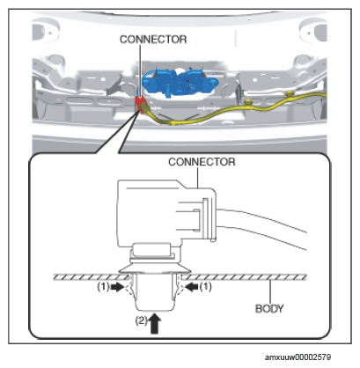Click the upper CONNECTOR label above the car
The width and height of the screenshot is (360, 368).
click(153, 40)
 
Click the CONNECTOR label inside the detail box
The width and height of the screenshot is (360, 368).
click(202, 162)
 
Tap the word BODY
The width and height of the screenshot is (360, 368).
click(269, 309)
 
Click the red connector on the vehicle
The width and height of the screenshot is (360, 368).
click(139, 103)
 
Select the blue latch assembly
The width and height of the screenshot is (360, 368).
click(180, 81)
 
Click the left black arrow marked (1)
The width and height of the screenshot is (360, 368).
click(118, 287)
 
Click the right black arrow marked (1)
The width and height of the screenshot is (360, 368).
click(192, 287)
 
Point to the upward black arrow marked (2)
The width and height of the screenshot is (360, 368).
click(155, 323)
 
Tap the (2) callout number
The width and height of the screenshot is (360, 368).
click(142, 320)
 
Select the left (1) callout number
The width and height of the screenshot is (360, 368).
click(103, 287)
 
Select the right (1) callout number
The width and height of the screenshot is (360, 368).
click(206, 286)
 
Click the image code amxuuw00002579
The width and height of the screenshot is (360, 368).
click(298, 357)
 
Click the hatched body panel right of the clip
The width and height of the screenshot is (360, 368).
click(244, 277)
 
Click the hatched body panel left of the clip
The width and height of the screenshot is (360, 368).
click(91, 277)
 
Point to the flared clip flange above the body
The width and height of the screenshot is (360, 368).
click(154, 269)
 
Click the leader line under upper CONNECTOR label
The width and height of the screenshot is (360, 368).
click(140, 70)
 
